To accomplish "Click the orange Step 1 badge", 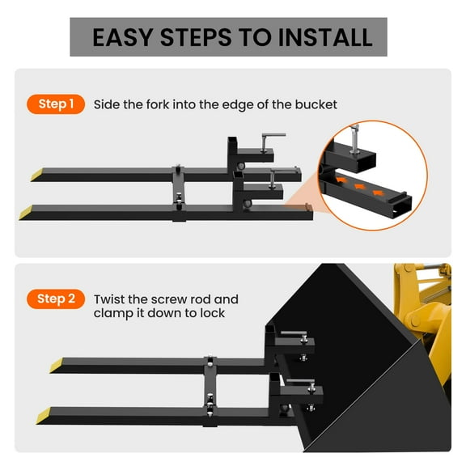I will pos(57,104).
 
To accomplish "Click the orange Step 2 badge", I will pos(57,299).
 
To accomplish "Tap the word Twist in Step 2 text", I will pos(109,299).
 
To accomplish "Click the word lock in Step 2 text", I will pos(212,313).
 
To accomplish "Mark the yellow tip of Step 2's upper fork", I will pos(58,366).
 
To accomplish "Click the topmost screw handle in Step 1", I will pos(273,136).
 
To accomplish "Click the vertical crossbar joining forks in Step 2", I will pos(210,388).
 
